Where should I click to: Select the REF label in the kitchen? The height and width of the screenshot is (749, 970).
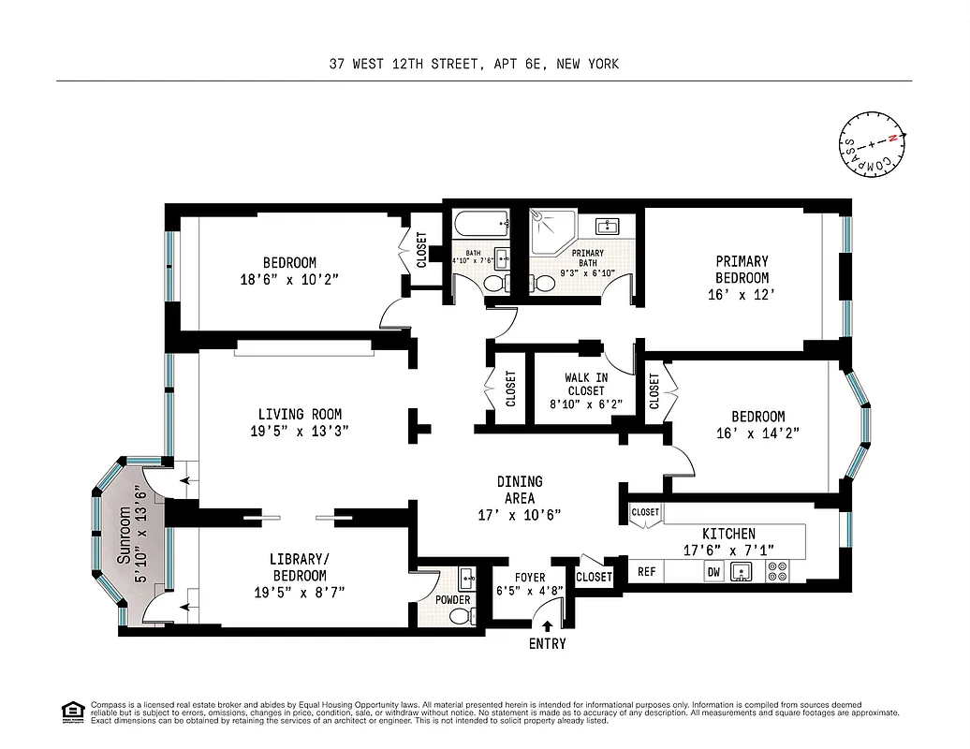(x=647, y=572)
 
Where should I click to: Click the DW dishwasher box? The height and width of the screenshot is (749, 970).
(x=713, y=572)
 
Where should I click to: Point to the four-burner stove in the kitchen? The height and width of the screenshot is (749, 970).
(x=777, y=571)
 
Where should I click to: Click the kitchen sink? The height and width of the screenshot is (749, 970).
(x=743, y=572)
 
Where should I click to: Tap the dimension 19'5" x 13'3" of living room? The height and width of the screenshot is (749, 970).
(x=300, y=432)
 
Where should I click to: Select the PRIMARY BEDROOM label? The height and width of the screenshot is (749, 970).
(x=742, y=270)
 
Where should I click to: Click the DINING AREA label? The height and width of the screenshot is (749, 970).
(x=519, y=490)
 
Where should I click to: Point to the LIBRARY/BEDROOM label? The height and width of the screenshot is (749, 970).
(x=300, y=567)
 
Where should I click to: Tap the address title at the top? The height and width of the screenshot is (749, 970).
(x=474, y=65)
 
